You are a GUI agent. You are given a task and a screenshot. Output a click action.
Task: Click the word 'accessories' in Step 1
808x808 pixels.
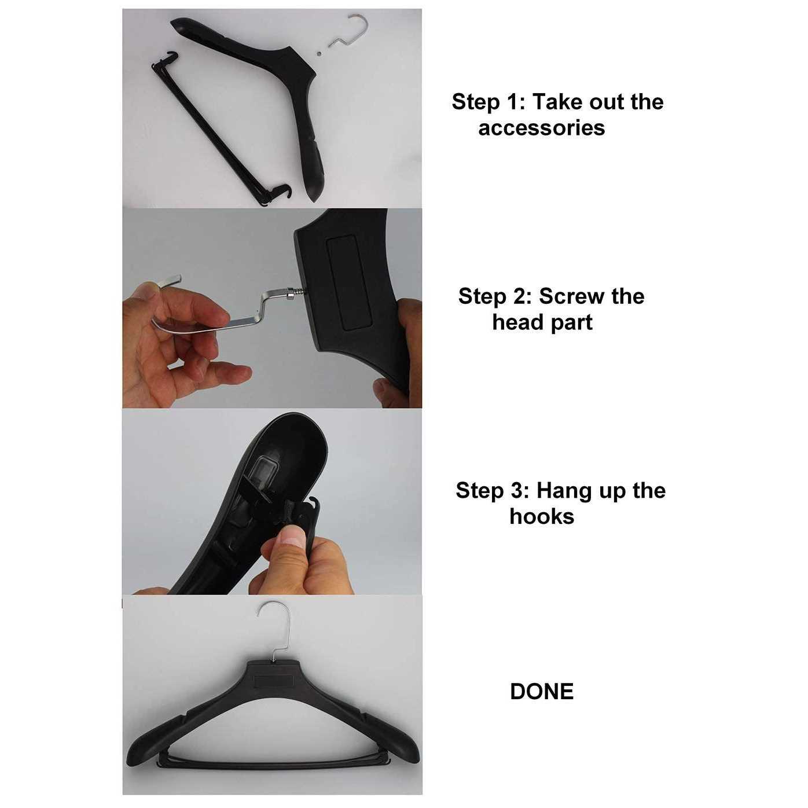click(541, 128)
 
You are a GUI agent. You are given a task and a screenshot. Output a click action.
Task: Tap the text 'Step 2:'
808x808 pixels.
click(494, 296)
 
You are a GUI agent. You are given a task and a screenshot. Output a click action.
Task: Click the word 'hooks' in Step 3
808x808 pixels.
click(541, 516)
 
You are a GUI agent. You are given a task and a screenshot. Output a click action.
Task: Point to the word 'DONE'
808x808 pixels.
click(542, 692)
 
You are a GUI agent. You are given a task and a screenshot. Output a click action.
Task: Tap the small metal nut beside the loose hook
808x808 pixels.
click(319, 52)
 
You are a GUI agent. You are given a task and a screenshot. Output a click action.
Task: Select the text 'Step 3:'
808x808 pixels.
click(492, 491)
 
